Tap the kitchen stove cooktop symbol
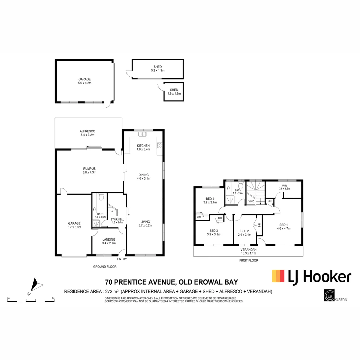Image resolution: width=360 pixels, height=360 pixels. tap(159, 145)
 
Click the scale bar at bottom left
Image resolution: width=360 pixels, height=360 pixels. tap(31, 301)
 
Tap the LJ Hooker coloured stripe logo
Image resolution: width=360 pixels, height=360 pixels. tap(278, 276)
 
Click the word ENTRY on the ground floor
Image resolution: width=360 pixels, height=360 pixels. tap(122, 259)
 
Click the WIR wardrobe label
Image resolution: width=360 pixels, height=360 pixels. tap(284, 185)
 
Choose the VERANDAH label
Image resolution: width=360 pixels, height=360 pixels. tap(248, 249)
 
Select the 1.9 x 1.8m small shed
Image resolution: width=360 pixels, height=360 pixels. tap(174, 92)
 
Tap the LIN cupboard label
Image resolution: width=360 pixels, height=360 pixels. tap(269, 202)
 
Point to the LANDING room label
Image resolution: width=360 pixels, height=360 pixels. tap(109, 239)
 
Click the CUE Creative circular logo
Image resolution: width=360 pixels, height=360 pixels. tap(329, 296)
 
